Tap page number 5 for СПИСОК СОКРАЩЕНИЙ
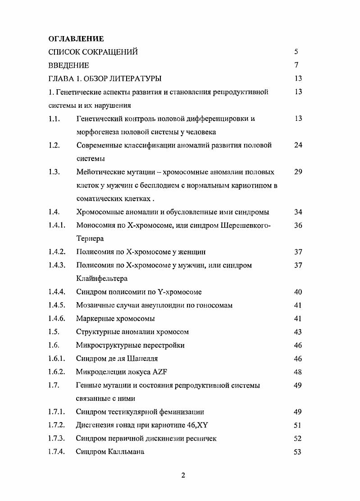click(296, 52)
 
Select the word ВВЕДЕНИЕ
click(68, 65)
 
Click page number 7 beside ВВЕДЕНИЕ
click(296, 65)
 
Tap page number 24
click(298, 145)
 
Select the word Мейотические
click(100, 172)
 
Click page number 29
click(298, 172)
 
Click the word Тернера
click(90, 239)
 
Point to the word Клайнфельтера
click(102, 279)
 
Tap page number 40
click(298, 292)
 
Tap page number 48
click(298, 372)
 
